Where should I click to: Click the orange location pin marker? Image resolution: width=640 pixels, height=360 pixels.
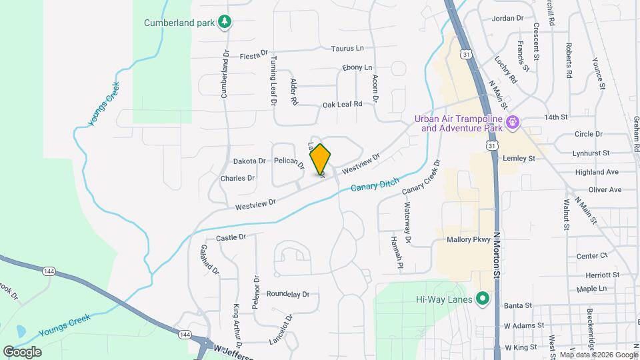point(320,159)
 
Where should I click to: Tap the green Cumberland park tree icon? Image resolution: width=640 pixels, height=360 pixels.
point(225,22)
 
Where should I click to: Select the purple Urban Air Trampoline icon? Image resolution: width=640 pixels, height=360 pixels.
point(512,122)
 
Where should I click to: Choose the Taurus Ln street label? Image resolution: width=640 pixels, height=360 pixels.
point(348,49)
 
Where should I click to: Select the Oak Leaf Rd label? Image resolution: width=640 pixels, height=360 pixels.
point(342,104)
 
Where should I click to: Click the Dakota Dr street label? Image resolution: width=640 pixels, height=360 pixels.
point(249,161)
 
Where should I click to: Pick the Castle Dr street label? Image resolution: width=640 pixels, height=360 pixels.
point(231,237)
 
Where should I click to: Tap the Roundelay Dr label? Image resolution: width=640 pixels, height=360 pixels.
point(288,294)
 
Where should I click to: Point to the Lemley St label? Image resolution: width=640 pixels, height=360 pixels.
point(522,159)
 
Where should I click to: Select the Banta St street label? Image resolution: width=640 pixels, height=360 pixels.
point(518,305)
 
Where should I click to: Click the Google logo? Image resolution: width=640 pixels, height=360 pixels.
point(21,351)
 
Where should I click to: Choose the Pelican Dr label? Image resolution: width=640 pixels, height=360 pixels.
point(289,163)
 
